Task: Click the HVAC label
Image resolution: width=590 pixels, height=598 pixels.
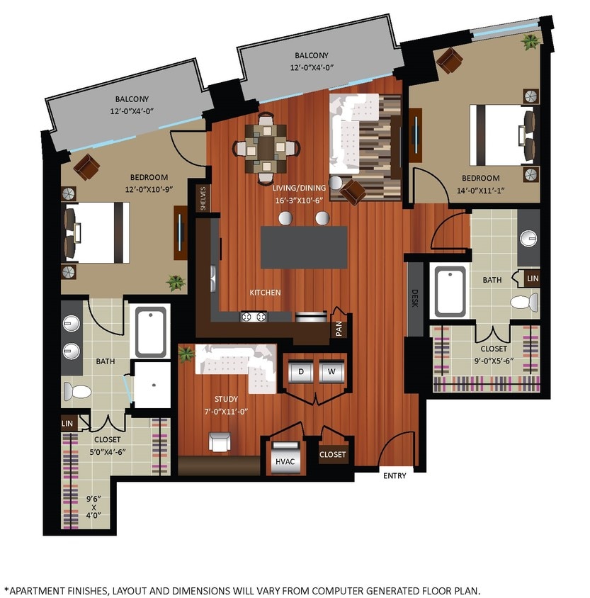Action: [285, 461]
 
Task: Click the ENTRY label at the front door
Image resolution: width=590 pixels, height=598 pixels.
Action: [395, 475]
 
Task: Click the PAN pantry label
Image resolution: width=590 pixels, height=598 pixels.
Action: [339, 327]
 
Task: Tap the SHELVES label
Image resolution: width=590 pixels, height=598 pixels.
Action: [203, 198]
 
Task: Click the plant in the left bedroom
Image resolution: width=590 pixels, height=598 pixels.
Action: [175, 283]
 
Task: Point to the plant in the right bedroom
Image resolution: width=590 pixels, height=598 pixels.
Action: [530, 42]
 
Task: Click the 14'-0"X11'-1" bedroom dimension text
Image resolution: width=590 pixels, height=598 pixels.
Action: [481, 189]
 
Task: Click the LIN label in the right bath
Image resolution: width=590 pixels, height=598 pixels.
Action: [533, 279]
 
